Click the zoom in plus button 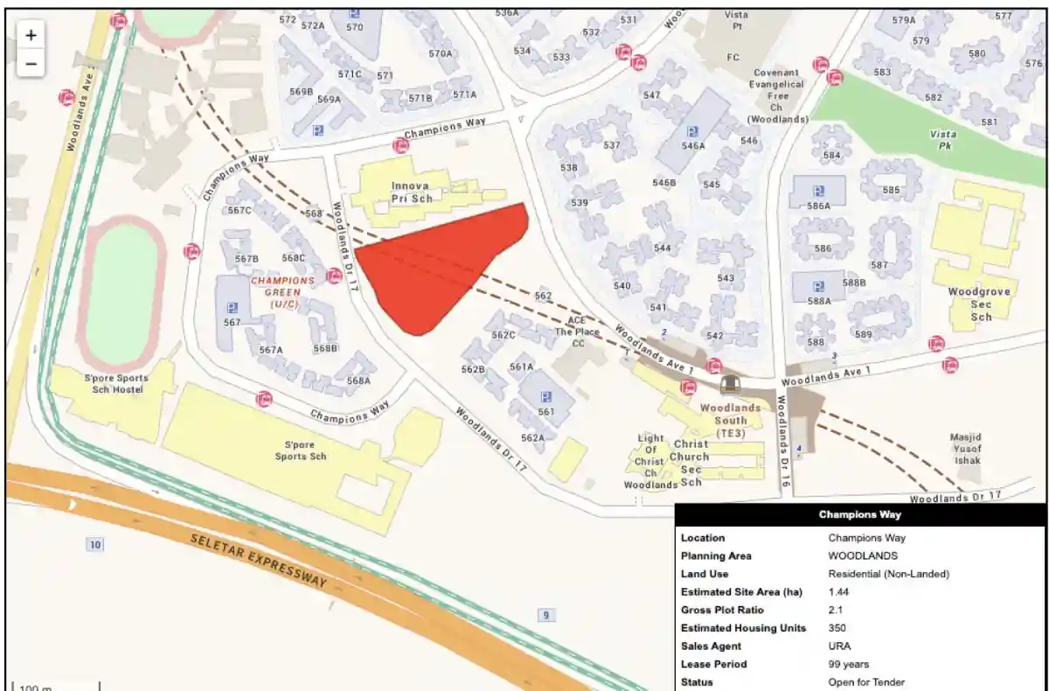[x=31, y=35]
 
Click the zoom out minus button [x=31, y=64]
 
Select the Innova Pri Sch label [x=409, y=192]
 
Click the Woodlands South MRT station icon [x=730, y=384]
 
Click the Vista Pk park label [x=942, y=140]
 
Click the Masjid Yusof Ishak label [x=967, y=448]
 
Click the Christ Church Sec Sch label [x=691, y=463]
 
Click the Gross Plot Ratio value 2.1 [x=835, y=610]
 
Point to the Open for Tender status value [x=865, y=681]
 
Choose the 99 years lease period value [x=848, y=664]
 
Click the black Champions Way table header [x=860, y=514]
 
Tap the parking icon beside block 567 [x=232, y=307]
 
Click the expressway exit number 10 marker [x=94, y=545]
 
